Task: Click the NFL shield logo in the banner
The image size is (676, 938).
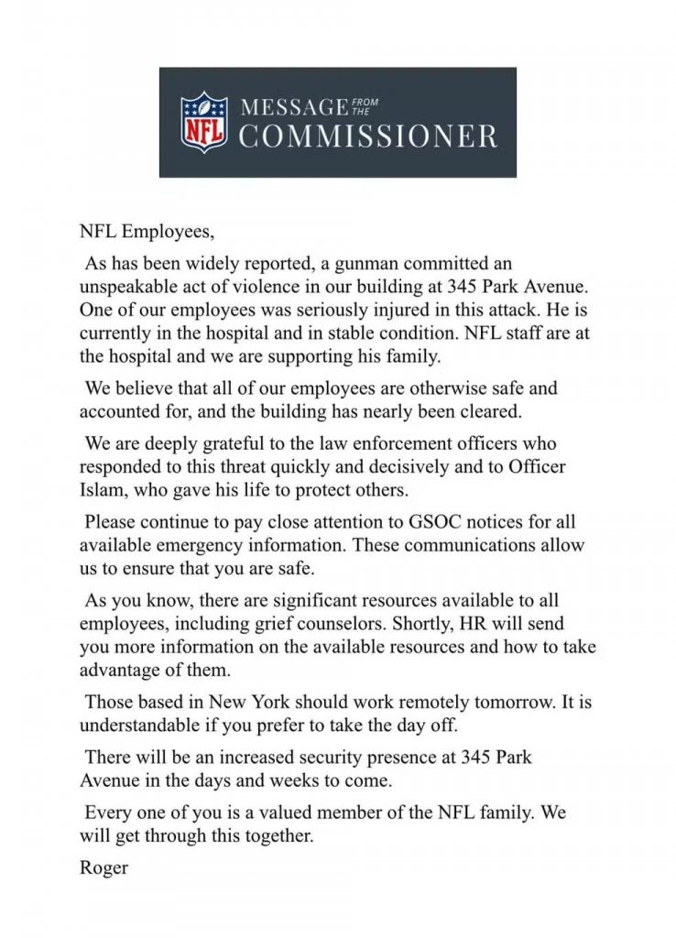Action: [203, 122]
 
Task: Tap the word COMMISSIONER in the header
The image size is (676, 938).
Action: [368, 137]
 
